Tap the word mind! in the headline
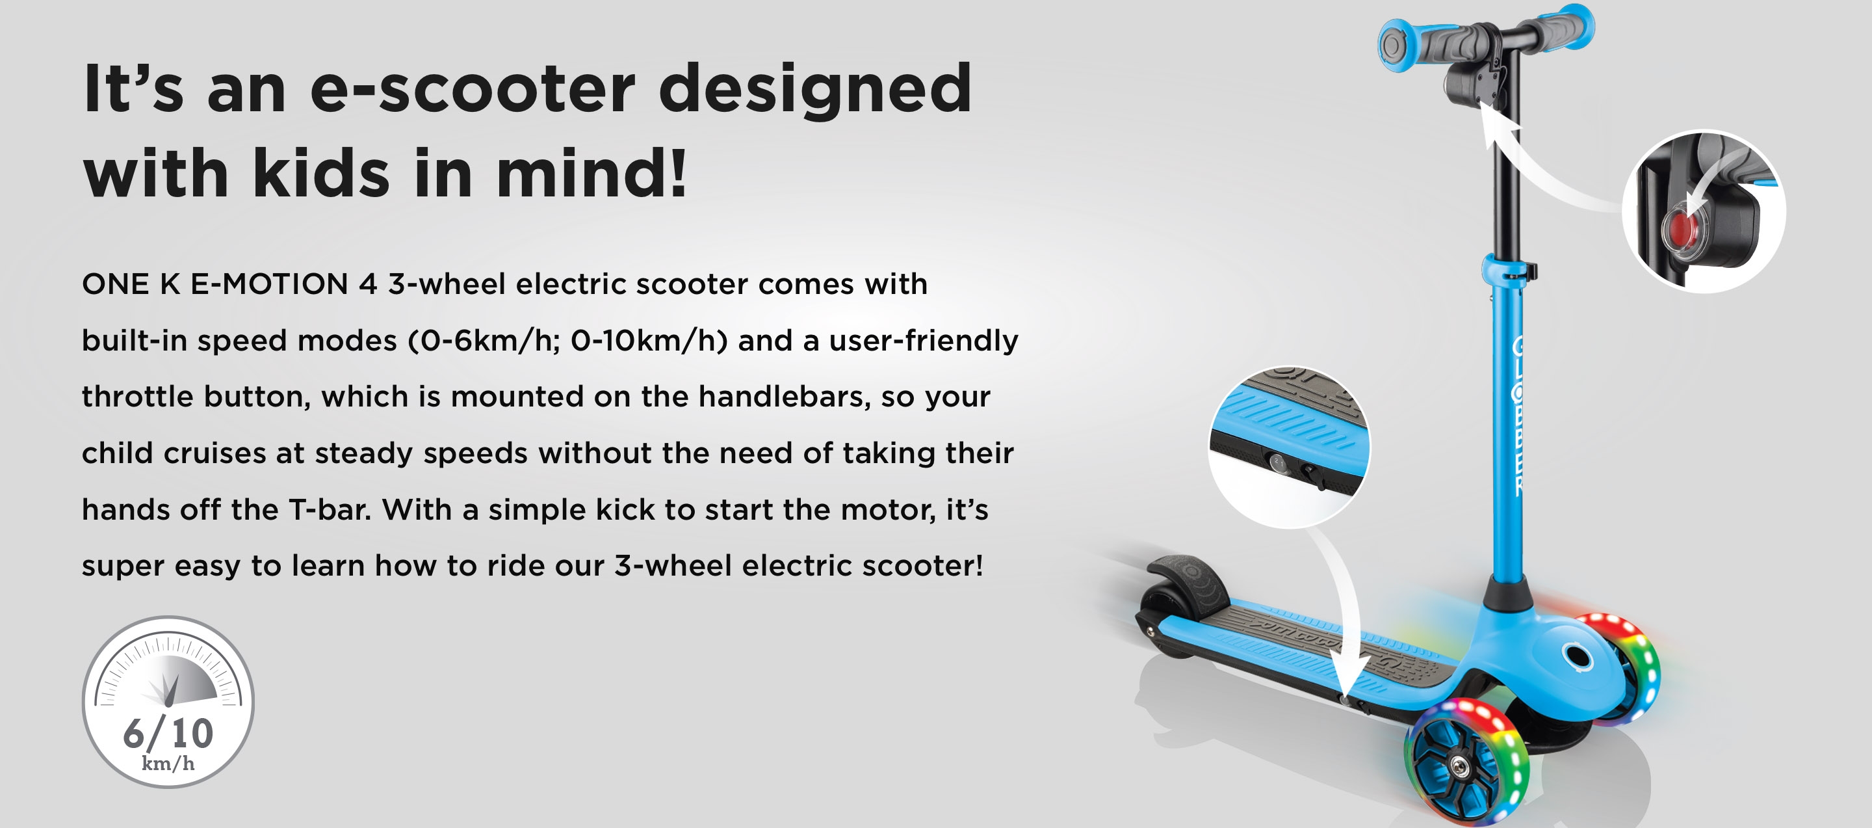tap(591, 173)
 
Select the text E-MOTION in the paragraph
tap(270, 284)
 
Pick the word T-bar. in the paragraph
tap(330, 509)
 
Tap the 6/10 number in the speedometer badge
tap(168, 733)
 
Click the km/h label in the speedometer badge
tap(168, 764)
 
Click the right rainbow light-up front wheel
tap(1621, 669)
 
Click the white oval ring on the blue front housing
tap(1576, 657)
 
